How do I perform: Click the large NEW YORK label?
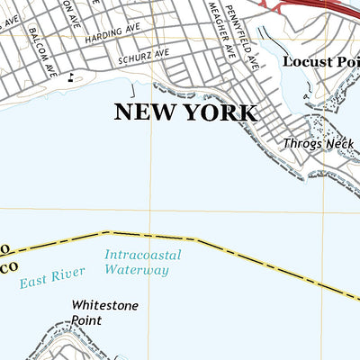pyautogui.click(x=184, y=112)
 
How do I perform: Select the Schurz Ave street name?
pyautogui.click(x=143, y=55)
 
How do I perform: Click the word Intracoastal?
pyautogui.click(x=142, y=255)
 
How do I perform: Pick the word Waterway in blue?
pyautogui.click(x=136, y=269)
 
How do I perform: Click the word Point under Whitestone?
pyautogui.click(x=88, y=319)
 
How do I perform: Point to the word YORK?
pyautogui.click(x=224, y=112)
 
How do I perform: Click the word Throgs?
pyautogui.click(x=300, y=143)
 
